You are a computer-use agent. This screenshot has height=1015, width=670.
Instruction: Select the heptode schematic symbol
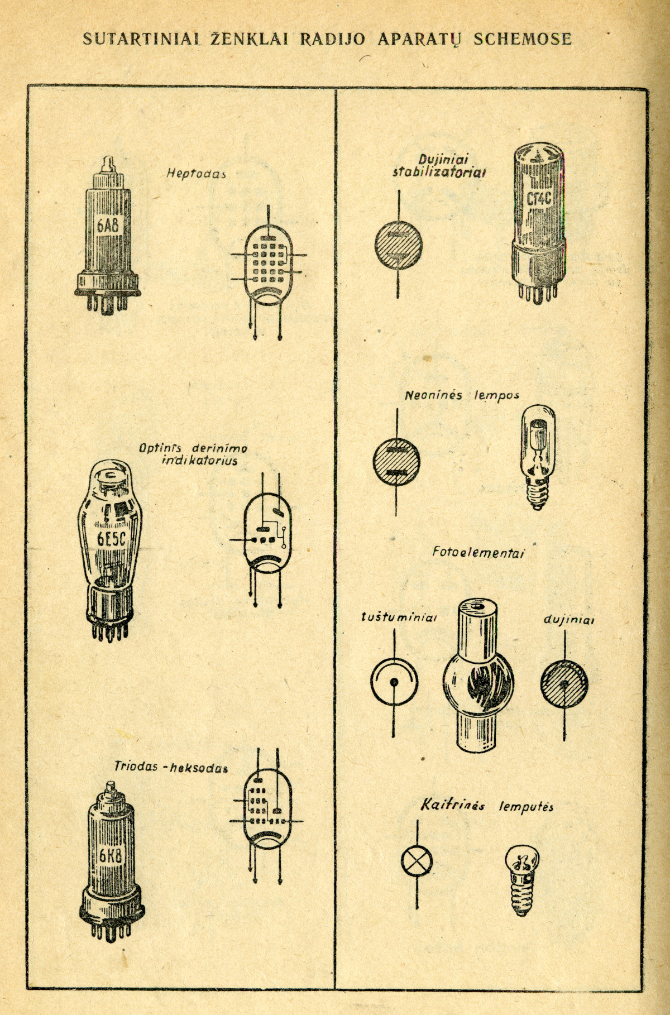pos(268,262)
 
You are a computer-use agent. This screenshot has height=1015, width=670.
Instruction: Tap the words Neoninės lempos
pos(462,395)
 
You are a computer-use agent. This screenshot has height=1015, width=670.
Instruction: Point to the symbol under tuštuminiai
pos(394,682)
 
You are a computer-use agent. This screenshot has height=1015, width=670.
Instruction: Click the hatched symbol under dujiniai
pos(564,683)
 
